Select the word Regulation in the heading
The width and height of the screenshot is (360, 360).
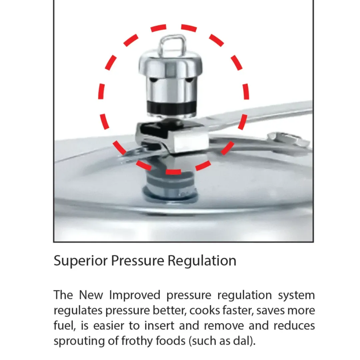[x=202, y=261]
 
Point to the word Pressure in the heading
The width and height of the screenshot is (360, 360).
[x=138, y=260]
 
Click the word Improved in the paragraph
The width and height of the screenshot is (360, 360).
[x=135, y=295]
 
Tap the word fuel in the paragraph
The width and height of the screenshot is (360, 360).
[x=65, y=326]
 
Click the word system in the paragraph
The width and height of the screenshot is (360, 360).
[x=296, y=295]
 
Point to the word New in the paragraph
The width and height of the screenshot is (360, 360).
[x=91, y=295]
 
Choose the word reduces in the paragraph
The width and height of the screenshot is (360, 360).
[x=294, y=326]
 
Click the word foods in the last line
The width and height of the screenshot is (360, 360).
[x=170, y=341]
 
